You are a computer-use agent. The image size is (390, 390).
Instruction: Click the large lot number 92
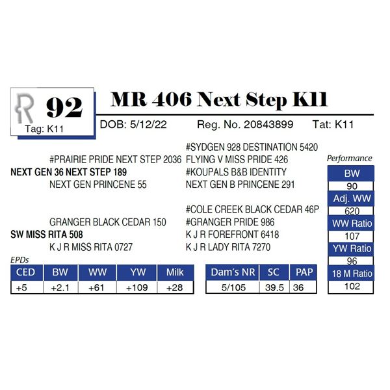click(64, 107)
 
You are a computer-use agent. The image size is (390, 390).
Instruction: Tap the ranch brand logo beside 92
click(24, 108)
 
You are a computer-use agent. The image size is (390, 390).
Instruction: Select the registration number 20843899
click(268, 124)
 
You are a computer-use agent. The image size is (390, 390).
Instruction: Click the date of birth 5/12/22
click(148, 124)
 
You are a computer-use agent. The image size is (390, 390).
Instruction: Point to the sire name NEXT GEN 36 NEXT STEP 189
click(69, 172)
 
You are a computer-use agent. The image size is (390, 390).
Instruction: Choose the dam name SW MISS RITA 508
click(47, 235)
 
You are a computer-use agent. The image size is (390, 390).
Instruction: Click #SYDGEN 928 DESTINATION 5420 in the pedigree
click(252, 148)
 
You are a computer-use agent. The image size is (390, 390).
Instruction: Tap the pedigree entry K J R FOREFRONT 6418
click(232, 235)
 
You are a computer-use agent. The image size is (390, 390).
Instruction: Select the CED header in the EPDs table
click(25, 272)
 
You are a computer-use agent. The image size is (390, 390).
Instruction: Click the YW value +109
click(136, 288)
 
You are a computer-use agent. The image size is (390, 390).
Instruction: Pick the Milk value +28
click(175, 288)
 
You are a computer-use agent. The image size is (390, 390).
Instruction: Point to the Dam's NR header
click(233, 272)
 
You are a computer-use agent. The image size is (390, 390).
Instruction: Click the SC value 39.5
click(274, 288)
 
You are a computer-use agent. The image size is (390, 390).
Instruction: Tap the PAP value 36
click(298, 288)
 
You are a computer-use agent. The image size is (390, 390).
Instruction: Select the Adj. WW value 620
click(352, 211)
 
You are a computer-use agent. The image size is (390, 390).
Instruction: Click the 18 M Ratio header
click(352, 274)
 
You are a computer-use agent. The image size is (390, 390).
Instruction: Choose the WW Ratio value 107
click(352, 237)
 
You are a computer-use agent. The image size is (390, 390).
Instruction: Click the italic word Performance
click(350, 159)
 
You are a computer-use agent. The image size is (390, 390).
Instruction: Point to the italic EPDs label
click(19, 260)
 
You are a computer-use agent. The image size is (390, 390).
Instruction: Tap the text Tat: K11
click(333, 124)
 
